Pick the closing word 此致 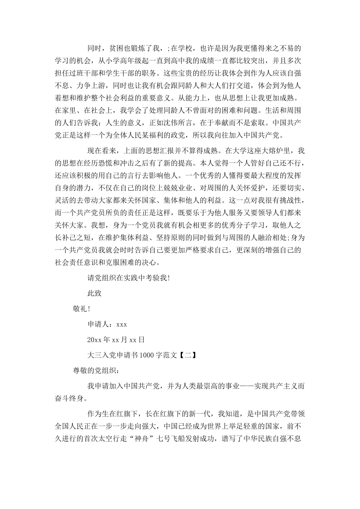[95, 293]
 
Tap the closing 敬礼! [82, 309]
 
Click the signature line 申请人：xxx [107, 324]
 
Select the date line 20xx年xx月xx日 [116, 340]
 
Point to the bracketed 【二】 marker [187, 355]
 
